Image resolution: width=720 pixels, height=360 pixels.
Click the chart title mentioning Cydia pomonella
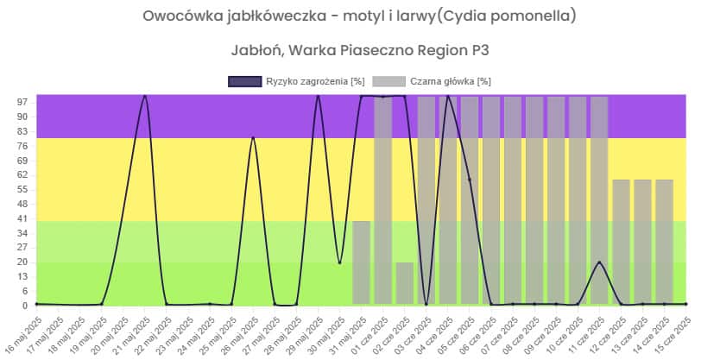click(x=359, y=16)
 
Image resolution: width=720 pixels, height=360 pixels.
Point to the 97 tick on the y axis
click(x=22, y=102)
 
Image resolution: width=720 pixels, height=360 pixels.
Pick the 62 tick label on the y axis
click(x=22, y=174)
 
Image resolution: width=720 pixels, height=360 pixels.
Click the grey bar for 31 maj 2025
click(x=361, y=262)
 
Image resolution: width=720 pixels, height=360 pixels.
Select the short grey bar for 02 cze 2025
click(x=404, y=283)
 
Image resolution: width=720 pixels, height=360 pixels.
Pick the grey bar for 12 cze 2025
click(x=621, y=242)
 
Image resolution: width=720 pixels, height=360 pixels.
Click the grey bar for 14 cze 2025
click(x=664, y=242)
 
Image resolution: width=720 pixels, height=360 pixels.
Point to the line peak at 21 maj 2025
click(x=144, y=96)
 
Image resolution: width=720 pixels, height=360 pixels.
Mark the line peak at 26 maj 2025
click(x=253, y=137)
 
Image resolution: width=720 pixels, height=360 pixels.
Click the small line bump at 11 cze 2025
click(x=599, y=262)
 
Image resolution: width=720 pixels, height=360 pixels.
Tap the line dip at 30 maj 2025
click(x=339, y=262)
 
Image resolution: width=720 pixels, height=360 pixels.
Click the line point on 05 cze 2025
click(x=469, y=180)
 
